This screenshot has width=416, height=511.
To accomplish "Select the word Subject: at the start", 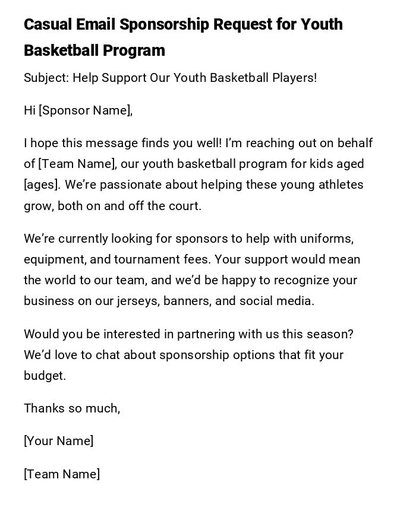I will click(x=46, y=78).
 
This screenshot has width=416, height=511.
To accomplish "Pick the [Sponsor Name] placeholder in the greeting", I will click(x=85, y=110).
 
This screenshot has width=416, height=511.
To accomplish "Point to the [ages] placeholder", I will click(x=42, y=185).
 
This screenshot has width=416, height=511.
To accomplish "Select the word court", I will click(x=186, y=206).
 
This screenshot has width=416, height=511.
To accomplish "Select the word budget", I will click(x=44, y=376).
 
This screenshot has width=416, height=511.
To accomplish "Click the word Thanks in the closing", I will click(x=43, y=408).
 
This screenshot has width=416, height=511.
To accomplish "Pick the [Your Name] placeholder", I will click(x=58, y=441).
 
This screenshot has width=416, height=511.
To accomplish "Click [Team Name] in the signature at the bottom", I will click(x=62, y=474).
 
